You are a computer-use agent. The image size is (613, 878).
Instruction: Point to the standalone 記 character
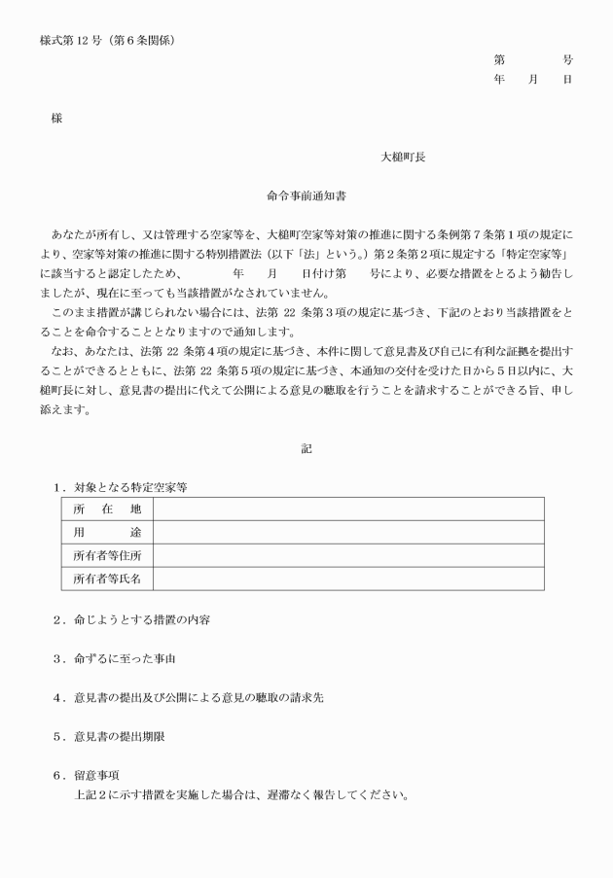[x=306, y=448]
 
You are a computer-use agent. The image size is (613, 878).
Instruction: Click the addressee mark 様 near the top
[x=56, y=118]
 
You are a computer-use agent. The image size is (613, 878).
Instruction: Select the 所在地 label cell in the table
[x=107, y=509]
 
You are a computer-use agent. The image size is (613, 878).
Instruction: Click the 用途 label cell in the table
[x=107, y=532]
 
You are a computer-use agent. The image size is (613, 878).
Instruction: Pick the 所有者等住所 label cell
[x=107, y=555]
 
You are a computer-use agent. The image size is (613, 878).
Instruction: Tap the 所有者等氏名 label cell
[x=107, y=579]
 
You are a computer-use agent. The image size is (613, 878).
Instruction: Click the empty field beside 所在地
[x=348, y=509]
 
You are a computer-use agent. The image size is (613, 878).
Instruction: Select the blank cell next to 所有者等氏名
[x=348, y=579]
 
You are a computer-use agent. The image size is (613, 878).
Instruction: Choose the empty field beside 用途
[x=348, y=532]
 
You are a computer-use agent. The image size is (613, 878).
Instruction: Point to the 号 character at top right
[x=567, y=59]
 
